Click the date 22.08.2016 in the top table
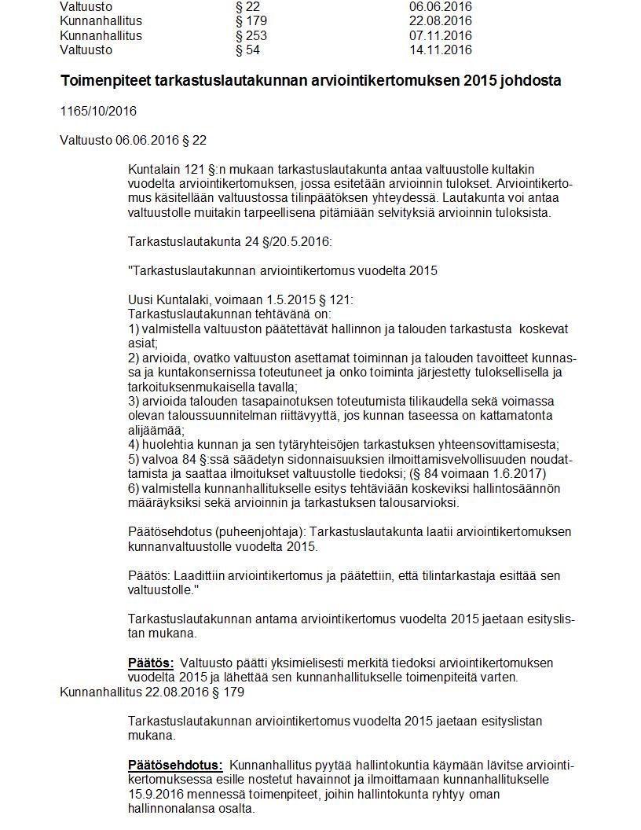(440, 21)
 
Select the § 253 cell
(251, 35)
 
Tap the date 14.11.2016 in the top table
(440, 50)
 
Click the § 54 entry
(247, 50)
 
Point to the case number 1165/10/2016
(97, 112)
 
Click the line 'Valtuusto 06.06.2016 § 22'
(133, 141)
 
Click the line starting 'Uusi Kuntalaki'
(240, 299)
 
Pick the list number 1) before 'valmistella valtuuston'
(133, 329)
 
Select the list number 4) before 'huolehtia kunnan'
(133, 443)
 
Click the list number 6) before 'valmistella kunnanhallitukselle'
(133, 488)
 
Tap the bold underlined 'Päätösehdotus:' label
(175, 765)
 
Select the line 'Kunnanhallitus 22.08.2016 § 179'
(152, 692)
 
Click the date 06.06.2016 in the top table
(440, 7)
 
